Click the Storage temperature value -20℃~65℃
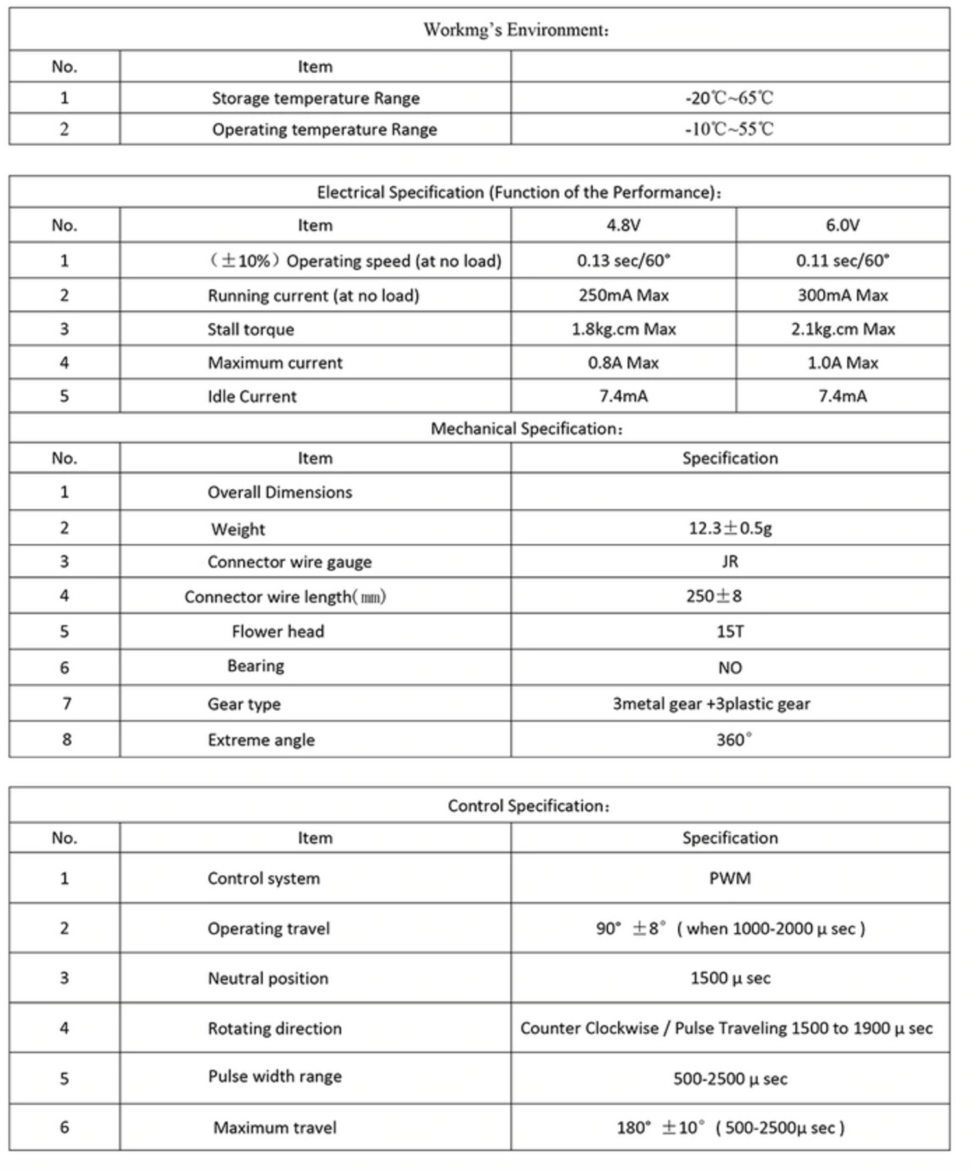pyautogui.click(x=729, y=98)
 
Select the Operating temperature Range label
pyautogui.click(x=324, y=129)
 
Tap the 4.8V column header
pyautogui.click(x=623, y=225)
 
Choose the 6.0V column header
pyautogui.click(x=842, y=225)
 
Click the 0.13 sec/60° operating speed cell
pyautogui.click(x=623, y=260)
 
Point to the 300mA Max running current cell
pyautogui.click(x=842, y=295)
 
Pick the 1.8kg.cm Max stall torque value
pyautogui.click(x=623, y=329)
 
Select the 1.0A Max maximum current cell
pyautogui.click(x=842, y=363)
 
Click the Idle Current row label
pyautogui.click(x=252, y=397)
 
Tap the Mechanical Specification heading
pyautogui.click(x=526, y=428)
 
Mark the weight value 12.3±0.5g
pyautogui.click(x=730, y=528)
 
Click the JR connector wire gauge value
pyautogui.click(x=730, y=561)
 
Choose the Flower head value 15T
pyautogui.click(x=730, y=631)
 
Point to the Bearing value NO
pyautogui.click(x=730, y=668)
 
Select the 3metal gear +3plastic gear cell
pyautogui.click(x=711, y=703)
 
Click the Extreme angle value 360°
pyautogui.click(x=733, y=740)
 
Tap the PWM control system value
pyautogui.click(x=730, y=878)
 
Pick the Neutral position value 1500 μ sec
pyautogui.click(x=730, y=978)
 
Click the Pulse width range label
pyautogui.click(x=274, y=1076)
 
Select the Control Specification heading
pyautogui.click(x=528, y=805)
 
